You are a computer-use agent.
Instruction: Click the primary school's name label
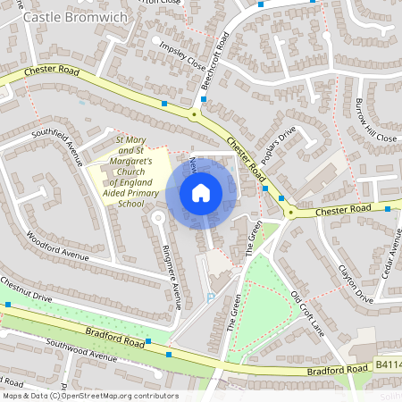130,171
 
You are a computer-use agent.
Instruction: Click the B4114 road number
388,365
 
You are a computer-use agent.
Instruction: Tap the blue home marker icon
201,193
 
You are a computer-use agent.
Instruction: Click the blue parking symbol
210,297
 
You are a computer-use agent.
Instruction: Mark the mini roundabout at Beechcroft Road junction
194,114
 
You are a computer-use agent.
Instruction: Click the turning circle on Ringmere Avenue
158,217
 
